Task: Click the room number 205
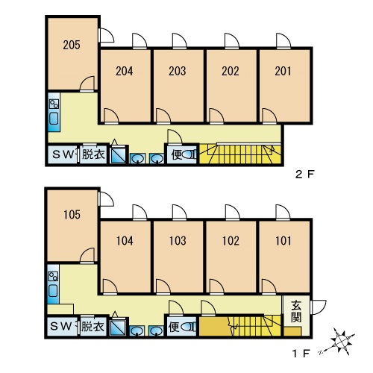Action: pyautogui.click(x=72, y=45)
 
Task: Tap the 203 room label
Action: pyautogui.click(x=178, y=71)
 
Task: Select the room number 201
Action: pyautogui.click(x=283, y=71)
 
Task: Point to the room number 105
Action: pyautogui.click(x=72, y=215)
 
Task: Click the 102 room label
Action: pyautogui.click(x=231, y=241)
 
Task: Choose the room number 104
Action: pyautogui.click(x=125, y=241)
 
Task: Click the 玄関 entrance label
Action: pyautogui.click(x=296, y=311)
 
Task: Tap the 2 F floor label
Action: pyautogui.click(x=304, y=174)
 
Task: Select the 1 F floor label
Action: pyautogui.click(x=301, y=354)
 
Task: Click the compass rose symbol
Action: pyautogui.click(x=340, y=341)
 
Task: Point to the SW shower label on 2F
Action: pyautogui.click(x=63, y=154)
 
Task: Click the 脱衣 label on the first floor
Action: pyautogui.click(x=93, y=326)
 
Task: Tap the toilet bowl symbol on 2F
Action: pyautogui.click(x=189, y=154)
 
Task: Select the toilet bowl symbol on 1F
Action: pyautogui.click(x=188, y=327)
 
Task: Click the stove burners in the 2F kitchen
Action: pyautogui.click(x=54, y=104)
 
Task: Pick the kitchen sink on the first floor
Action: pyautogui.click(x=53, y=291)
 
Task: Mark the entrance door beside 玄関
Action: pyautogui.click(x=318, y=307)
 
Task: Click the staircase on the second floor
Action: pyautogui.click(x=240, y=154)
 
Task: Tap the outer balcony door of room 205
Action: pyautogui.click(x=107, y=35)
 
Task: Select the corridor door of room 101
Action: pyautogui.click(x=269, y=286)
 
